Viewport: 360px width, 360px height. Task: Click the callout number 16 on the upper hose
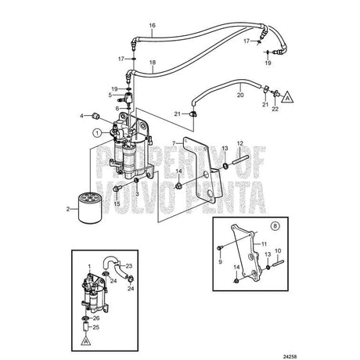click(x=153, y=25)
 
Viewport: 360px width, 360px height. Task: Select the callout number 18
click(x=153, y=63)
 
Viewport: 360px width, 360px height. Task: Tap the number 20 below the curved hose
click(x=240, y=95)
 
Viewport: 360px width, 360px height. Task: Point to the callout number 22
click(x=275, y=109)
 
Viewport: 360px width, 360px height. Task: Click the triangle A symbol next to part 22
click(x=287, y=97)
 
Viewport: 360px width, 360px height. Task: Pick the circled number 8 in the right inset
click(x=275, y=226)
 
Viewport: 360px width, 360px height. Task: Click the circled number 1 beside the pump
click(x=97, y=133)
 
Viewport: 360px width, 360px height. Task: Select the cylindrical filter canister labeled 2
click(x=89, y=207)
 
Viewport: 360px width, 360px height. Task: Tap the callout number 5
click(x=110, y=95)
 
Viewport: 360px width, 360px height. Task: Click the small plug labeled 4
click(x=97, y=116)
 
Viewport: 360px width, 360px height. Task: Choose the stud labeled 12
click(x=239, y=160)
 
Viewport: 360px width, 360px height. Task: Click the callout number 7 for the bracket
click(x=174, y=143)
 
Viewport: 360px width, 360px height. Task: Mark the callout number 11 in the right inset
click(x=264, y=244)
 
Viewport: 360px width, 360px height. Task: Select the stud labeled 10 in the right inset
click(x=278, y=262)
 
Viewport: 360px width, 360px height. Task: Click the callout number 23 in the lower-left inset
click(x=129, y=266)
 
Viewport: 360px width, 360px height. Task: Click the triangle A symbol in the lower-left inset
click(x=86, y=341)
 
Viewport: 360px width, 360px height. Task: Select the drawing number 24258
click(x=290, y=356)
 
